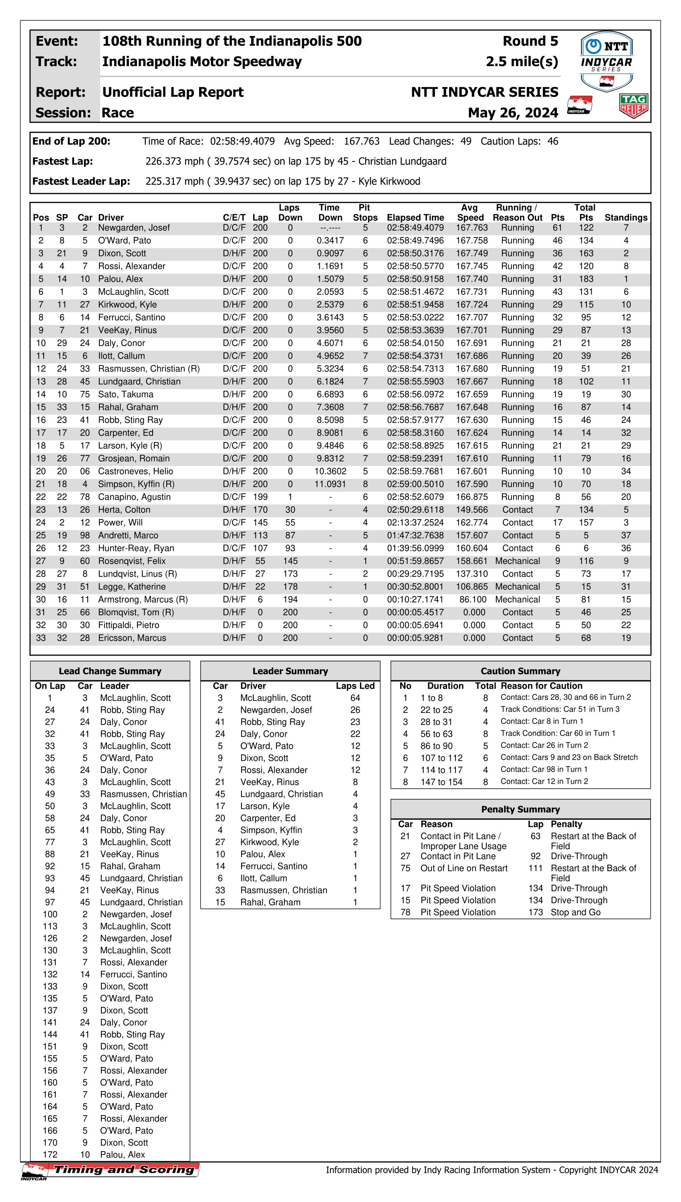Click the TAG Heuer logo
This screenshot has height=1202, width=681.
coord(633,106)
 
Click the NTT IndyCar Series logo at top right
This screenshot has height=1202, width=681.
coord(606,61)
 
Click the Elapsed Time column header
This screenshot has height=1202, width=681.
coord(415,218)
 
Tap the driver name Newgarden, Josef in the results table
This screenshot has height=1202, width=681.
coord(134,228)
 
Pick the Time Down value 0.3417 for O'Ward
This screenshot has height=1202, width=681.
coord(330,240)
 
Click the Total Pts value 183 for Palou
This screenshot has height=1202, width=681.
coord(586,279)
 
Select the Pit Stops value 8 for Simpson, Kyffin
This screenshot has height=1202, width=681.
coord(365,484)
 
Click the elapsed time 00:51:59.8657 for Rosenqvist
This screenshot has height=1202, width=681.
coord(415,561)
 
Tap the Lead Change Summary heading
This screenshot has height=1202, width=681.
coord(110,671)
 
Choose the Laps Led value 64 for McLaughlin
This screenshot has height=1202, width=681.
coord(355,698)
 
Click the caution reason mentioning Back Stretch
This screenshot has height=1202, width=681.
coord(569,757)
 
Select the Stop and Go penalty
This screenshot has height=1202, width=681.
coord(575,912)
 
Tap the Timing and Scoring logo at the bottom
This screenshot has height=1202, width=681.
coord(111,1170)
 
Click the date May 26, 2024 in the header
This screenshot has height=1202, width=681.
coord(513,113)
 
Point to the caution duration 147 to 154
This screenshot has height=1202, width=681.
coord(441,782)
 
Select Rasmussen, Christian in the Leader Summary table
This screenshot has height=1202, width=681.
coord(284,890)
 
